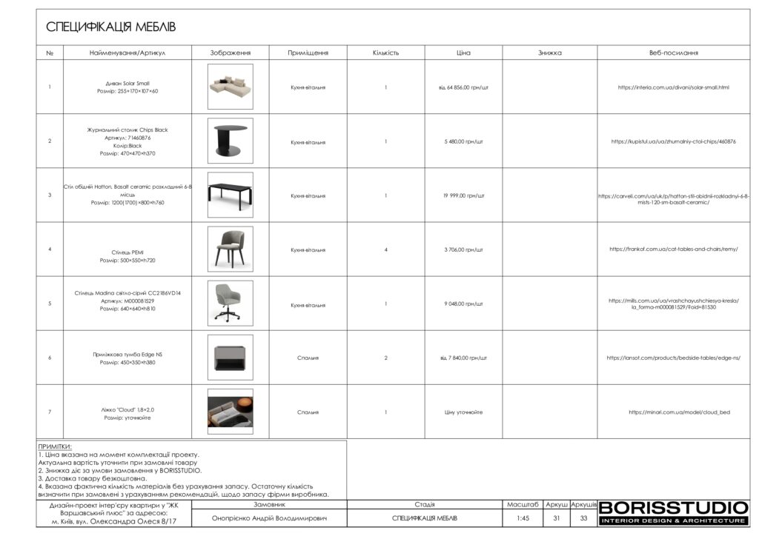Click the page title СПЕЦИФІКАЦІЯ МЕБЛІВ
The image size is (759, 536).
pos(110,27)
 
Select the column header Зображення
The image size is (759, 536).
pos(230,53)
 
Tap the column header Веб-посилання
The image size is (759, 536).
pos(673,53)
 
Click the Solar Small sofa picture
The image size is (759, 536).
pos(230,87)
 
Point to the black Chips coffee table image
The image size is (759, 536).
pos(230,141)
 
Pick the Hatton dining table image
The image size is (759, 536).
pos(230,195)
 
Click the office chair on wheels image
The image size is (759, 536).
pos(230,304)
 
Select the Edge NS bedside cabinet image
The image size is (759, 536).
pos(230,358)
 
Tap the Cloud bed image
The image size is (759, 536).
pos(230,412)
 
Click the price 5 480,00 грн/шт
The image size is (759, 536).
pos(463,141)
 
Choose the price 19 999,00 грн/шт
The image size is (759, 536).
pos(463,195)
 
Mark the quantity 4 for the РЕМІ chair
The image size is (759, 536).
pos(386,249)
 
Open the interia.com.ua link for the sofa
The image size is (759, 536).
pos(673,87)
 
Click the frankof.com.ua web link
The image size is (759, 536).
pos(673,249)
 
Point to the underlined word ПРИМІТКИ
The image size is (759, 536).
pos(55,446)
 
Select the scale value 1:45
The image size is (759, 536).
pos(523,518)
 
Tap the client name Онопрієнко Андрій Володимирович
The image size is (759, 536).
pos(269,518)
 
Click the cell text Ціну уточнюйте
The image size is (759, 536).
pos(463,412)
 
